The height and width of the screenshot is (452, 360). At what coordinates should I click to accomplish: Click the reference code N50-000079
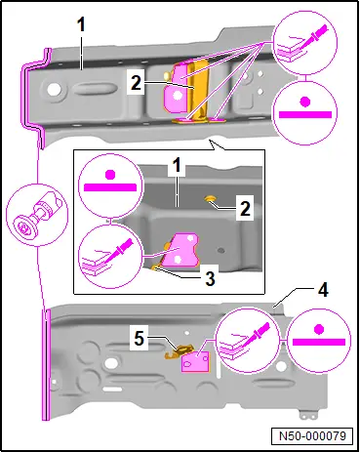click(x=312, y=435)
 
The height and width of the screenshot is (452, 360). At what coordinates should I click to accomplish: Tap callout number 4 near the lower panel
click(x=323, y=290)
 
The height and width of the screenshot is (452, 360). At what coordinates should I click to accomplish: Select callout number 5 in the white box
click(x=140, y=339)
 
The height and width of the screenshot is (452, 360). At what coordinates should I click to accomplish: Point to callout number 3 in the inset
click(x=211, y=278)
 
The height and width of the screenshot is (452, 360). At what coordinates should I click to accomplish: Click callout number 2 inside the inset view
click(x=245, y=209)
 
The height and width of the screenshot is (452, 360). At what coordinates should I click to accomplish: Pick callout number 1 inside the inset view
click(x=177, y=166)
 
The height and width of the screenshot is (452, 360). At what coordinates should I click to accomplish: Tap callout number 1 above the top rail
click(x=81, y=24)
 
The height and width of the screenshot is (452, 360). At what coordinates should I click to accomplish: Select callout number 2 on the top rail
click(x=137, y=83)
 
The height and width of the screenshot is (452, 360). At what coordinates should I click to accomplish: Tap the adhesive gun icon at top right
click(x=305, y=43)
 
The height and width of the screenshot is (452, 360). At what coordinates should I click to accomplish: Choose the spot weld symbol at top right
click(x=305, y=112)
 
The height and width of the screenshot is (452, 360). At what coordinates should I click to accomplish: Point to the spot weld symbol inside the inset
click(x=110, y=185)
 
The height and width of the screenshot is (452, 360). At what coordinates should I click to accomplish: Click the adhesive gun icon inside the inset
click(x=110, y=257)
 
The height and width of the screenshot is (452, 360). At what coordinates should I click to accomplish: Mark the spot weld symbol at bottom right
click(x=319, y=341)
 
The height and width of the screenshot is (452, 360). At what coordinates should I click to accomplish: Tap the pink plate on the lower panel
click(x=195, y=361)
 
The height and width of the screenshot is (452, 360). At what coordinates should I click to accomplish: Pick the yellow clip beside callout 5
click(x=179, y=352)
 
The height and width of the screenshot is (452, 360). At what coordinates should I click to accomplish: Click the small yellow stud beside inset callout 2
click(x=210, y=198)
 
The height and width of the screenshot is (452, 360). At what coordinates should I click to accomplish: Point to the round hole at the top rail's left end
click(x=54, y=89)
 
